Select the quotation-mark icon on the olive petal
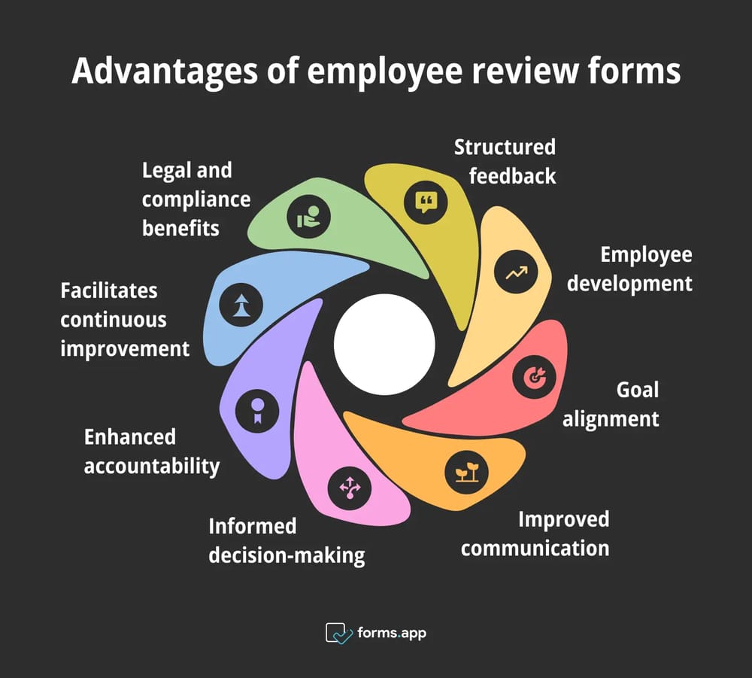tap(426, 201)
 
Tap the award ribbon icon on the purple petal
tap(257, 411)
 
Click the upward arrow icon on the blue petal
tap(241, 306)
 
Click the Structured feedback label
tap(504, 161)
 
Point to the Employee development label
tap(629, 269)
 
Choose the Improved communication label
tap(535, 533)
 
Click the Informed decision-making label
tap(287, 540)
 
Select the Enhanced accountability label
tap(151, 451)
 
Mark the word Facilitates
tap(109, 290)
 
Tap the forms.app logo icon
tap(338, 633)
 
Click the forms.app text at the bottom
tap(392, 633)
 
